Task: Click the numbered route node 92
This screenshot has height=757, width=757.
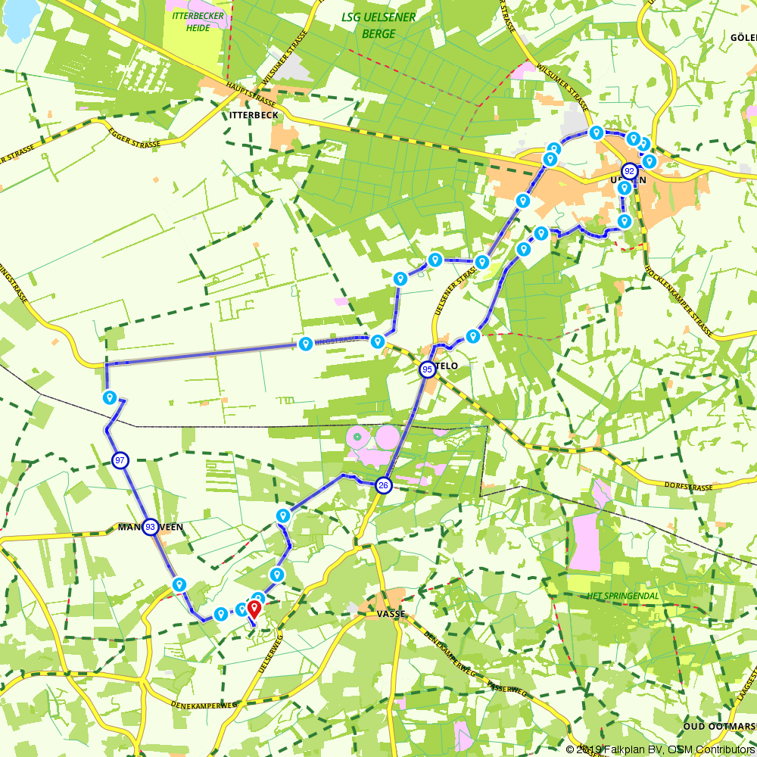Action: (630, 171)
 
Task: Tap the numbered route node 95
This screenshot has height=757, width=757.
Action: (427, 369)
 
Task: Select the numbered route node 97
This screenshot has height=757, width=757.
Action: (120, 460)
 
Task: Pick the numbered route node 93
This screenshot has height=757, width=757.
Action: (151, 527)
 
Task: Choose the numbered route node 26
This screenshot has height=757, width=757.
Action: (384, 486)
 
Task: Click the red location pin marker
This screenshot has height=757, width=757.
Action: (254, 608)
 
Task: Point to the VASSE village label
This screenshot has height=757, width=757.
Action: (391, 614)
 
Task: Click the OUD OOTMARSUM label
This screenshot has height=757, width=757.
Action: (719, 726)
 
